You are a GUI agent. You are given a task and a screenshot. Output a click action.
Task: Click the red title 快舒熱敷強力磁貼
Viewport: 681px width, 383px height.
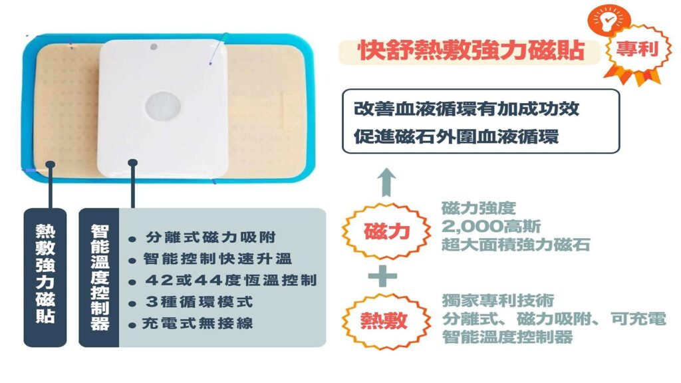pos(472,51)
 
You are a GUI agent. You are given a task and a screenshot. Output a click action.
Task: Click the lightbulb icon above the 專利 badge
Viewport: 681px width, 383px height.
pos(609,21)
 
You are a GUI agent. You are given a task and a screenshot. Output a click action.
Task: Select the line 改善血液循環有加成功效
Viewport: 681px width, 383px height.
pos(466,108)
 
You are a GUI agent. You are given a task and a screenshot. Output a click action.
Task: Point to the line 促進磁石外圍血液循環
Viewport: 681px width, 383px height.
pos(456,137)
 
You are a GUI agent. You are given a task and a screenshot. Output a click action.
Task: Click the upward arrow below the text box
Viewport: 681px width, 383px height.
pos(386,182)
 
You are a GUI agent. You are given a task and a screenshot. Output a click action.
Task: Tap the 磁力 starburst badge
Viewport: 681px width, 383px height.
pos(386,231)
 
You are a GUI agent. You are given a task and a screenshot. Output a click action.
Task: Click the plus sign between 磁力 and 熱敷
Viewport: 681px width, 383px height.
pos(382,276)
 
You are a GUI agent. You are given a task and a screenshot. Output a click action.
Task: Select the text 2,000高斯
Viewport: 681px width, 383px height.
pos(491,226)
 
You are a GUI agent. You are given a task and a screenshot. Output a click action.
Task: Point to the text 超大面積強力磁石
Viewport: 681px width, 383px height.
pos(515,245)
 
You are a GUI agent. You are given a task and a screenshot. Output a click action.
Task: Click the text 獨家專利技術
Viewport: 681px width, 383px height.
pos(497,301)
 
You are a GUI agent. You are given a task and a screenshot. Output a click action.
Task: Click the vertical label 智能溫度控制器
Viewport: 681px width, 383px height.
pos(100,277)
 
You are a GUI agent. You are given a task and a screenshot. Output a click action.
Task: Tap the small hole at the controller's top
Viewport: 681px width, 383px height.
pos(154,47)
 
